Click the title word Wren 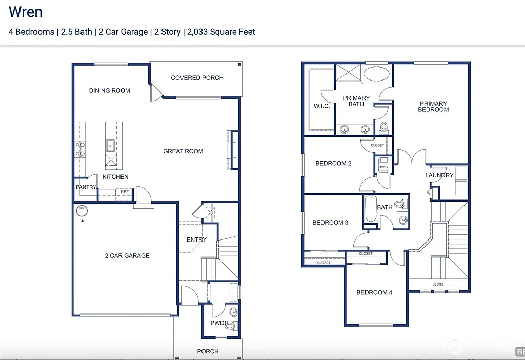tap(26, 12)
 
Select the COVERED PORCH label tap(197, 78)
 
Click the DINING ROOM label tap(109, 91)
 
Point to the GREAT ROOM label tap(183, 151)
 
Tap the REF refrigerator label tap(125, 192)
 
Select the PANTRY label tap(86, 187)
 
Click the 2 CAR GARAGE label tap(127, 255)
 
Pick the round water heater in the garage tap(82, 210)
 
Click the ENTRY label tap(196, 239)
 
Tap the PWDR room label tap(219, 323)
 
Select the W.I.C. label tap(321, 106)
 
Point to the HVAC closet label tap(383, 167)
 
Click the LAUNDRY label tap(439, 175)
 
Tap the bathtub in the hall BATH tap(370, 210)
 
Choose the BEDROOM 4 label tap(374, 292)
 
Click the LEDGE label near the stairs tap(438, 284)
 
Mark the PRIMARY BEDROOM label tap(433, 106)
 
